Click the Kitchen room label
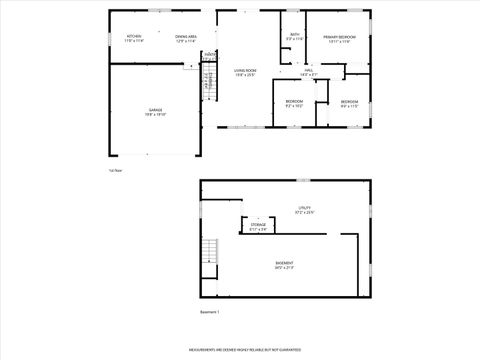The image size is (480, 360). click(x=134, y=37)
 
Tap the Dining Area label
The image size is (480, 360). click(x=186, y=37)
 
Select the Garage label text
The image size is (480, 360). click(x=156, y=109)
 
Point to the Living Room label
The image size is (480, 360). click(x=245, y=69)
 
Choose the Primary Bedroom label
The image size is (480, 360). click(x=340, y=37)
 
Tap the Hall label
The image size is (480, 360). click(x=308, y=69)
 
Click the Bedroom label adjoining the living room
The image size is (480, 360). click(x=294, y=101)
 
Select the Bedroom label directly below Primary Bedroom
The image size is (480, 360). click(x=349, y=101)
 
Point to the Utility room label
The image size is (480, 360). click(x=304, y=208)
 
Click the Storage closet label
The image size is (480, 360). click(x=258, y=226)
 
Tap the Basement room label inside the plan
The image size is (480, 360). click(x=285, y=262)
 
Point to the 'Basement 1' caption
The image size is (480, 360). click(x=209, y=313)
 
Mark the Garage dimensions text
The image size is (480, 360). click(x=156, y=115)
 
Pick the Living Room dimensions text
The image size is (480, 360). click(x=245, y=75)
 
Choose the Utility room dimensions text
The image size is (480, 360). click(x=304, y=213)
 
